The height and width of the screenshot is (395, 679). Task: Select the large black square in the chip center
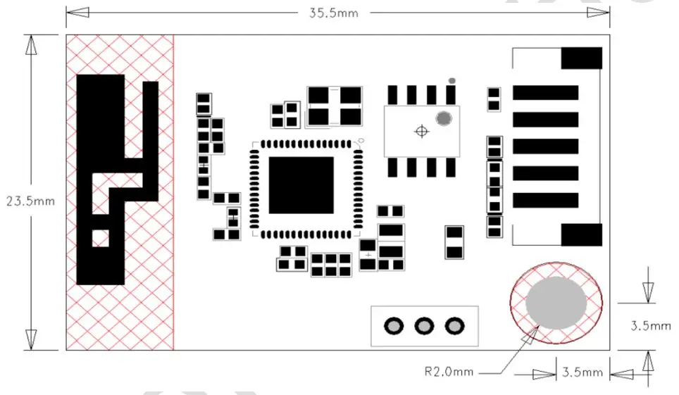[301, 185]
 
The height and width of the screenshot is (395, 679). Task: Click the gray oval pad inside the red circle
[556, 302]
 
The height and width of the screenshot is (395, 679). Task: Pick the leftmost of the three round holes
[393, 326]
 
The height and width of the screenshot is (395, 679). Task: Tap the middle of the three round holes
[424, 326]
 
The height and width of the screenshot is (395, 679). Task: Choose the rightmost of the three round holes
[455, 326]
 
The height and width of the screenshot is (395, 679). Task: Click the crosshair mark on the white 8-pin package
[421, 131]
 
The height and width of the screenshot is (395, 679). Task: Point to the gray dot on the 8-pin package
[444, 118]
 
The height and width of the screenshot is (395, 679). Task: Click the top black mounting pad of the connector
[581, 58]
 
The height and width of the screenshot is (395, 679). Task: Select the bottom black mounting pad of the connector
[581, 234]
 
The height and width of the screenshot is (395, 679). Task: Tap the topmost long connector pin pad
[545, 92]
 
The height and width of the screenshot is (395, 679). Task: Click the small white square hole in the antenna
[101, 238]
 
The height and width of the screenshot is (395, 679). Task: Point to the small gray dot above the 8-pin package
[451, 80]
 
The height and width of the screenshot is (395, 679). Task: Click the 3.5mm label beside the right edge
[650, 326]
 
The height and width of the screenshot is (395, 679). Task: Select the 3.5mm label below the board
[581, 372]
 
